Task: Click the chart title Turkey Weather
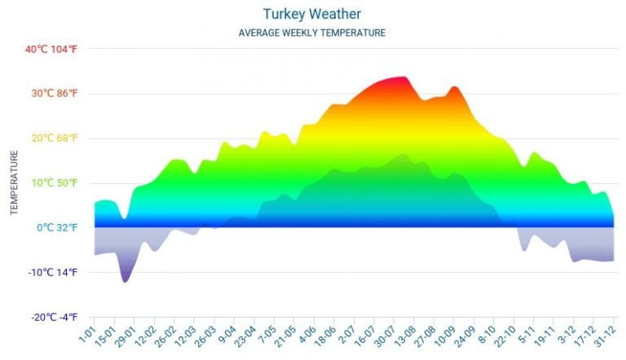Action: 312,14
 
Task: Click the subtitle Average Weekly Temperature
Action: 312,33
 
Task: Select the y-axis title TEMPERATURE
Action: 14,182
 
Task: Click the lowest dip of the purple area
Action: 125,281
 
